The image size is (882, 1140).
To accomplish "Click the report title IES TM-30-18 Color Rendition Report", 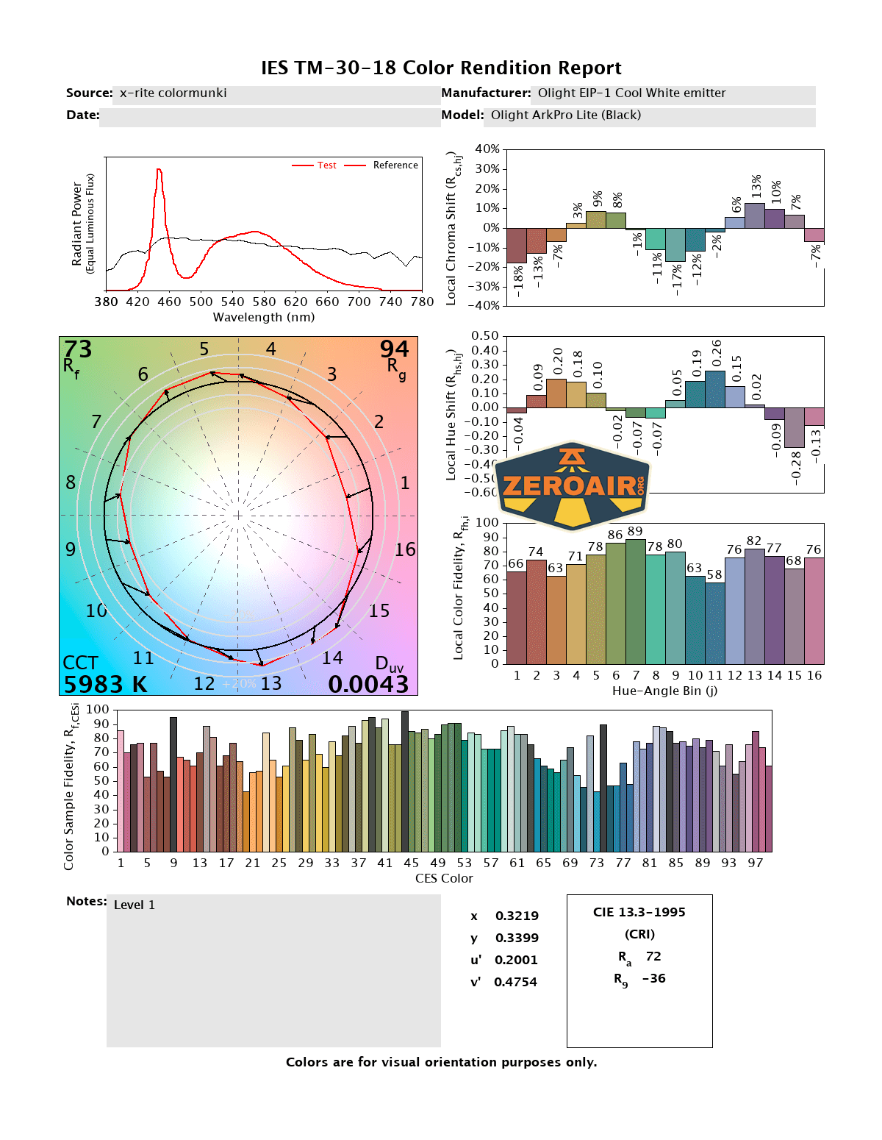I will [441, 68].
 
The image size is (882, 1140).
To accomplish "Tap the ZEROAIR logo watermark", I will [573, 486].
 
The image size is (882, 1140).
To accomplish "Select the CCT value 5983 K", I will [105, 684].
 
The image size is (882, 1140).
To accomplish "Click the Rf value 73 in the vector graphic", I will [78, 349].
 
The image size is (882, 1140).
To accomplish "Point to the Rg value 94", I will [394, 349].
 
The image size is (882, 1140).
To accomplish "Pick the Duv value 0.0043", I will [368, 684].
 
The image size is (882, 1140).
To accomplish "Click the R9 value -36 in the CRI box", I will [653, 978].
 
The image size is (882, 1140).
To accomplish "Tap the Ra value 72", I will [653, 956].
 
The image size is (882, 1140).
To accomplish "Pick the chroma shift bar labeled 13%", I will [755, 215].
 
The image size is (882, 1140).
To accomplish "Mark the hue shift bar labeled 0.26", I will [715, 389].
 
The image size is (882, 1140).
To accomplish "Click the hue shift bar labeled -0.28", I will [795, 427].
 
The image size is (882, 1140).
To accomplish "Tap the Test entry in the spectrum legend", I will [326, 165].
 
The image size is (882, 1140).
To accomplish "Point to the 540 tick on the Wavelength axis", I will [232, 302].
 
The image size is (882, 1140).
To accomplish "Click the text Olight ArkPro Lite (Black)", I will [566, 115].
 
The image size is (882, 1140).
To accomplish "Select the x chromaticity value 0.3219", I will [517, 916].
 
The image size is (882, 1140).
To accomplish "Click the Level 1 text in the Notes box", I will [135, 905].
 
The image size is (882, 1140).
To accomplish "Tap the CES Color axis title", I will [444, 878].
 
